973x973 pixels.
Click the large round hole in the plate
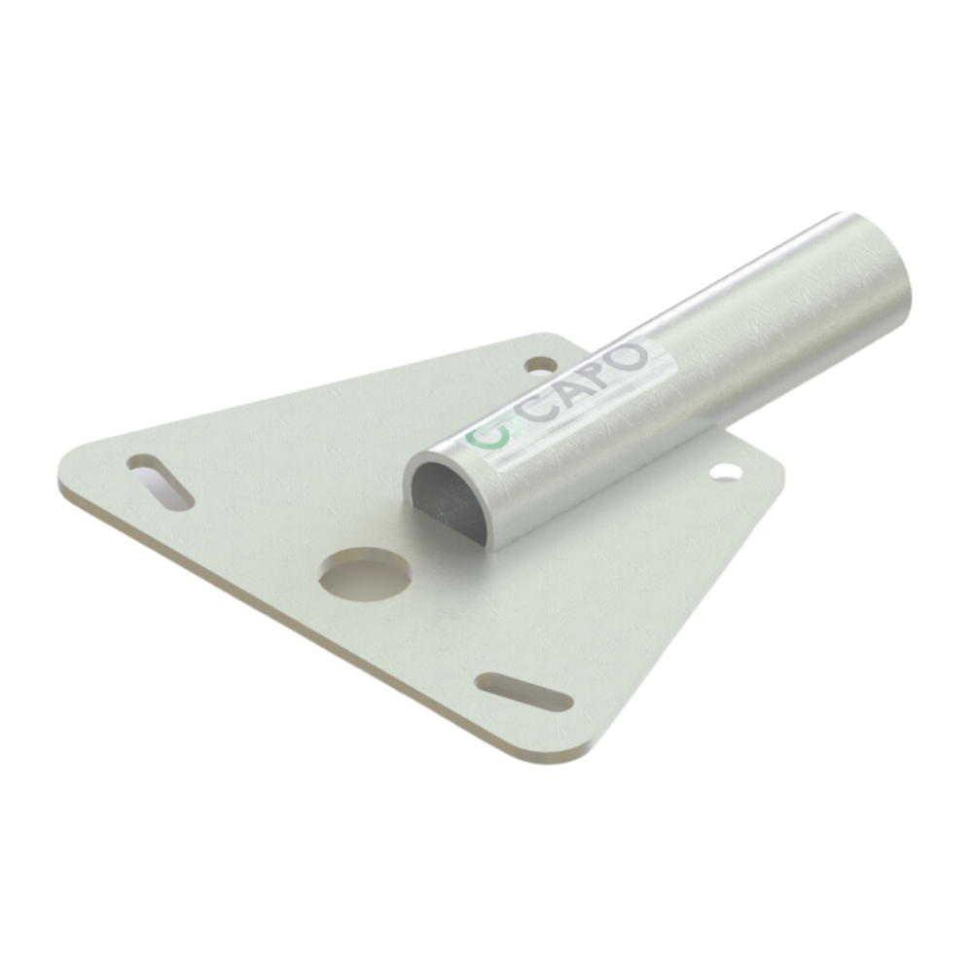click(x=366, y=573)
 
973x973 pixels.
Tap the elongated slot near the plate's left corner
click(x=161, y=482)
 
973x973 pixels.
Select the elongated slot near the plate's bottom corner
click(x=523, y=691)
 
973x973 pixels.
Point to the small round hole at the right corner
click(x=725, y=472)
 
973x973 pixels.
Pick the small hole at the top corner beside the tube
click(x=540, y=365)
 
